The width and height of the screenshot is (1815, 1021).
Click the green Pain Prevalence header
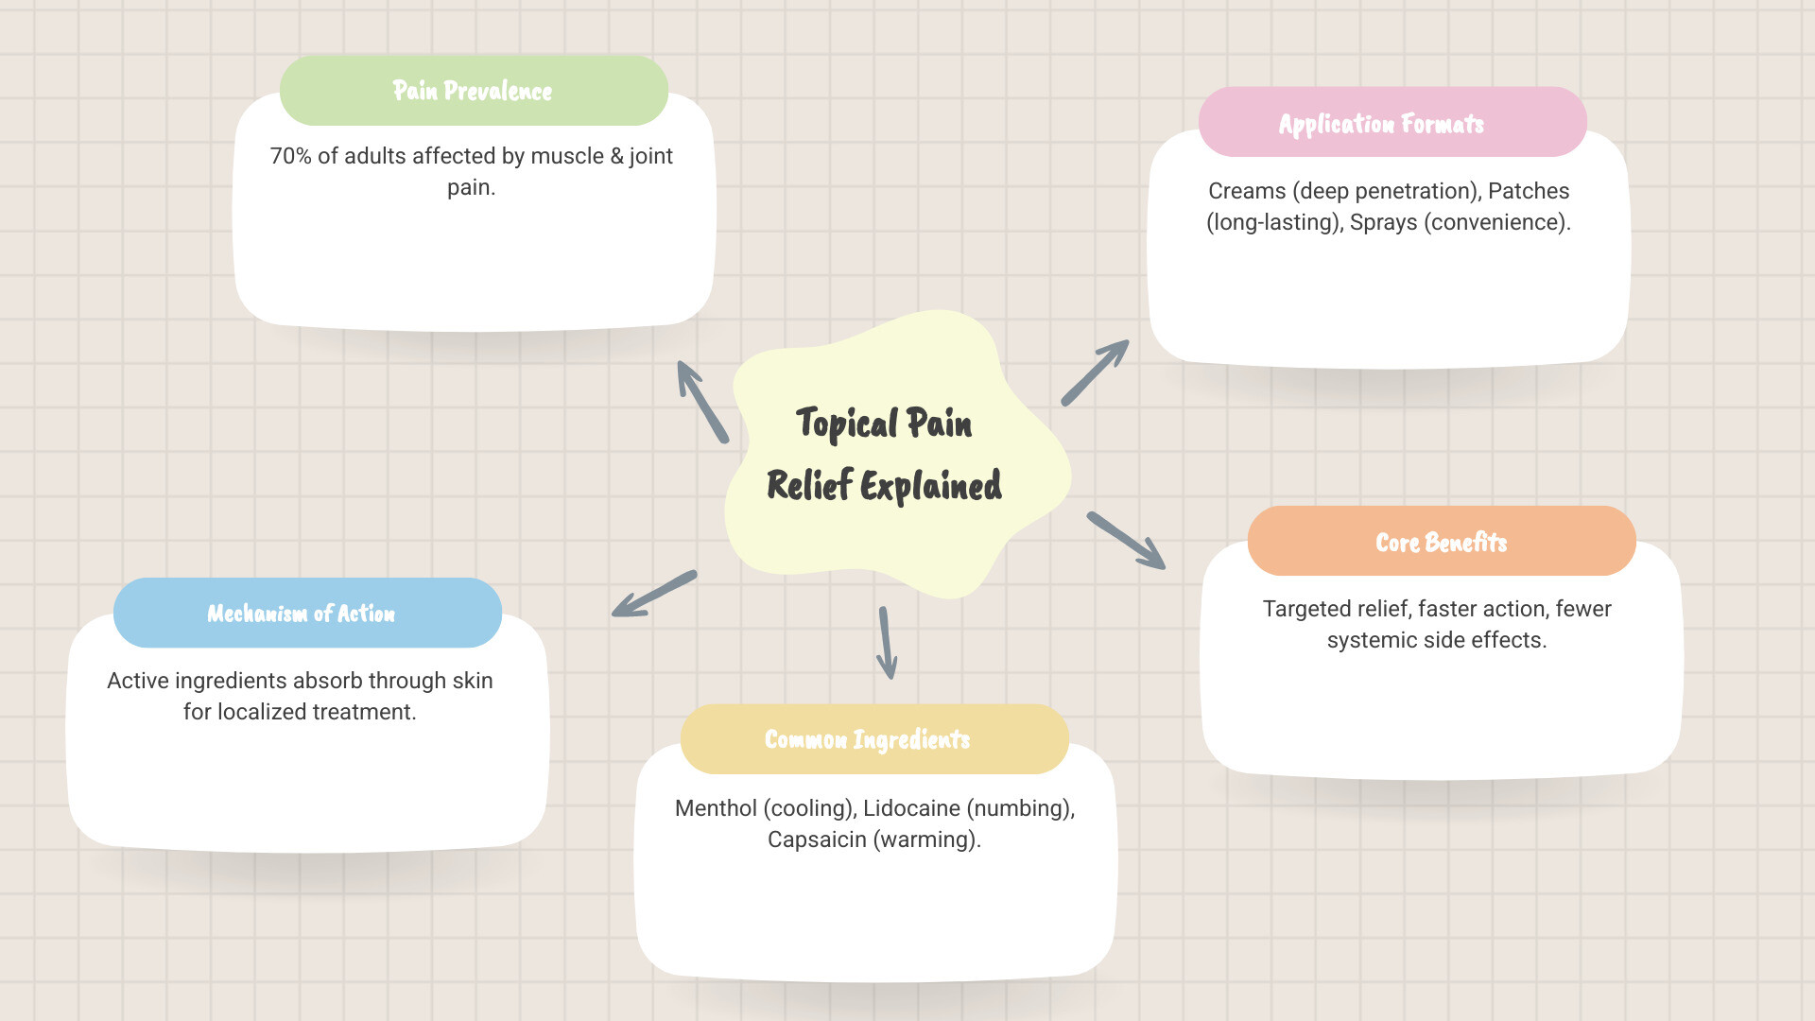tap(474, 91)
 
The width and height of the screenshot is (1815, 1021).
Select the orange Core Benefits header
tap(1441, 542)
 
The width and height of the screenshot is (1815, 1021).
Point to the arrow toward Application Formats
tap(1095, 373)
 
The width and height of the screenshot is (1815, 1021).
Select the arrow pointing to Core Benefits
tap(1126, 541)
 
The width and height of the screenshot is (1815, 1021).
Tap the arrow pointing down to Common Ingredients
tap(887, 643)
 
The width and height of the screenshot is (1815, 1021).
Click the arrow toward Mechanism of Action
tap(654, 594)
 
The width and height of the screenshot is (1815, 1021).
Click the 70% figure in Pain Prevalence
tap(290, 156)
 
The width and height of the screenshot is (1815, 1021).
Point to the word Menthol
tap(716, 808)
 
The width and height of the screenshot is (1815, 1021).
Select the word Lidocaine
tap(911, 808)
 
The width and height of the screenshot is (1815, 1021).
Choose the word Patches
tap(1529, 191)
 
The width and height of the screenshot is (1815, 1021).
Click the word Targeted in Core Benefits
tap(1304, 609)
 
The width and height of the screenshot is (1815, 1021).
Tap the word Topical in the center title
tap(847, 424)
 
